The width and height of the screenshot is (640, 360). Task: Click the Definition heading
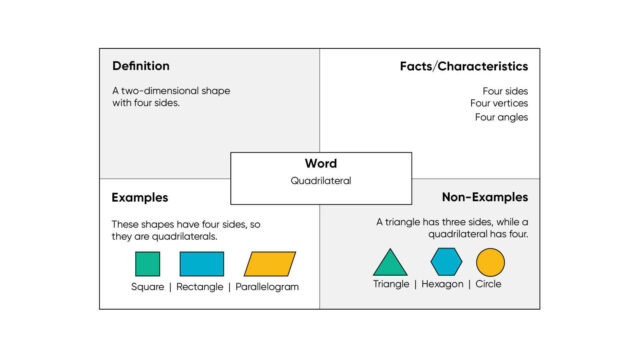(141, 66)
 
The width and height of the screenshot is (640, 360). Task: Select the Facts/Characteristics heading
(463, 66)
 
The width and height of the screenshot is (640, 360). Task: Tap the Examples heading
(140, 198)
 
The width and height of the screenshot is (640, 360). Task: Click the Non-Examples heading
(485, 198)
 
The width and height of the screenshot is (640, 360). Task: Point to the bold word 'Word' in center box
(320, 164)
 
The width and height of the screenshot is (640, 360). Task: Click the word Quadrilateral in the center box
(320, 181)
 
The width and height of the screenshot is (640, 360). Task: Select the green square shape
(147, 264)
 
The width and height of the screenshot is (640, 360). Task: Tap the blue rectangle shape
(201, 264)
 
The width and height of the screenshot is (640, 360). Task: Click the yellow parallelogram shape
(270, 264)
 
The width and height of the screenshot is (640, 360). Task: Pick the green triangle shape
(390, 264)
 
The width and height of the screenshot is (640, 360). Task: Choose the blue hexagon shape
(446, 262)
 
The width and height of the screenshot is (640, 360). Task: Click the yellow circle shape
(490, 262)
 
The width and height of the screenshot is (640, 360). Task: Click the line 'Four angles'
(501, 117)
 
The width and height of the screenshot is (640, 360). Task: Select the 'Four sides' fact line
(505, 91)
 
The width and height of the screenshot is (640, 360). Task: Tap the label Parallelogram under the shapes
(267, 287)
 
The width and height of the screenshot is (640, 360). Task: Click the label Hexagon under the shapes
(442, 284)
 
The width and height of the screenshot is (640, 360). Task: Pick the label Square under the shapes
(147, 287)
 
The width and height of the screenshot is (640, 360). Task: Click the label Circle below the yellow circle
(489, 284)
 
